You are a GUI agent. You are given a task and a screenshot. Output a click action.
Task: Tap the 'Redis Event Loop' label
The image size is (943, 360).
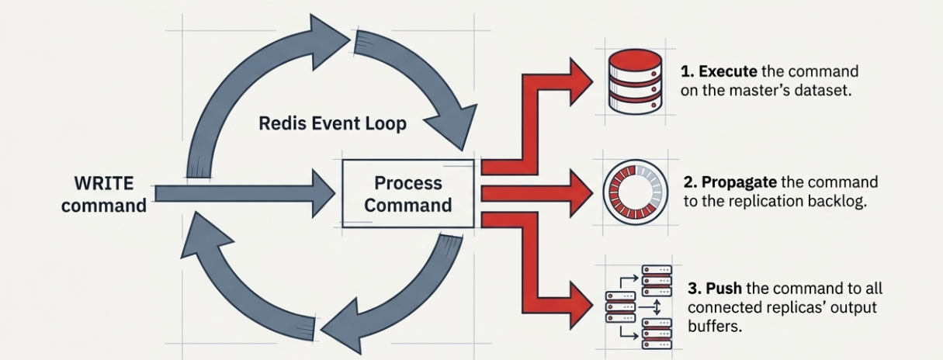333,123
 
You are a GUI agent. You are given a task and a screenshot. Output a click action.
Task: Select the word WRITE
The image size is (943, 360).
104,183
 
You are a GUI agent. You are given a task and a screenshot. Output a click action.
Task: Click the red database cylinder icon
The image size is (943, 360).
635,81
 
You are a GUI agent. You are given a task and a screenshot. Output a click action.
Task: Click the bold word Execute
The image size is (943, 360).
728,71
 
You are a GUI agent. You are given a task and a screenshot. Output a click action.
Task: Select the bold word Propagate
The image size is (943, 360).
739,182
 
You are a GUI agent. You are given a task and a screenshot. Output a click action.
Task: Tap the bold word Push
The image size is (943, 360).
723,289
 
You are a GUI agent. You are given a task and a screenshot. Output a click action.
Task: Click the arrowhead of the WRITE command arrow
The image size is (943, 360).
324,194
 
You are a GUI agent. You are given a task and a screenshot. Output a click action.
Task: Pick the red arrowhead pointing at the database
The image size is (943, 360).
581,81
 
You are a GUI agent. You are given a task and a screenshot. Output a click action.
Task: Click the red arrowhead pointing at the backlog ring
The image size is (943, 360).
582,193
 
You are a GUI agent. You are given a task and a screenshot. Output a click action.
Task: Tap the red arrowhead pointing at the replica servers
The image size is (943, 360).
582,306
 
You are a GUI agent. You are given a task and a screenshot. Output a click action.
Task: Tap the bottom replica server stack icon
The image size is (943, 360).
657,334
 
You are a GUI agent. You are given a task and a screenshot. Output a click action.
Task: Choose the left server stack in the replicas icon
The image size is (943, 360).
620,307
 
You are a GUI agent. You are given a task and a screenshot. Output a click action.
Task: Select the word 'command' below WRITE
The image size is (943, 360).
104,206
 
